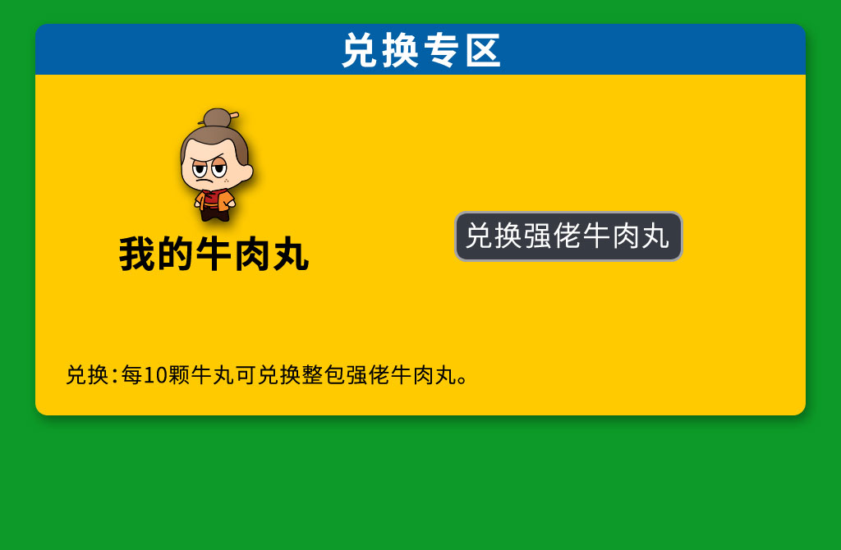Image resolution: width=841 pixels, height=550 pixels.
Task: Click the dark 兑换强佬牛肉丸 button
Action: pyautogui.click(x=568, y=236)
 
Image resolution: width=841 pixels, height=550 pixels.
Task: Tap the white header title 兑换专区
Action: pyautogui.click(x=421, y=50)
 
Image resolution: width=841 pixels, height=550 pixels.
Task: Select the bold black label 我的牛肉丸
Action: pyautogui.click(x=214, y=254)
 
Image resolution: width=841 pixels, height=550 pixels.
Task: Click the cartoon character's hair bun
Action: pyautogui.click(x=217, y=117)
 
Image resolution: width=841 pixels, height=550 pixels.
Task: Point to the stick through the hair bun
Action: pyautogui.click(x=234, y=114)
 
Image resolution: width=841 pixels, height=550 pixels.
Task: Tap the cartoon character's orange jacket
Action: pyautogui.click(x=214, y=200)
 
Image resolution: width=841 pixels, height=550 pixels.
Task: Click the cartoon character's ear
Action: pyautogui.click(x=246, y=172)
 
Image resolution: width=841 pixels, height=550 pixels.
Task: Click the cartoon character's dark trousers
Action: pyautogui.click(x=215, y=214)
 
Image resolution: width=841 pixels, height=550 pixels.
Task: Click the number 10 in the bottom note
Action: pyautogui.click(x=155, y=375)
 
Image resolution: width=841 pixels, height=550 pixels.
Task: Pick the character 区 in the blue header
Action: pyautogui.click(x=483, y=50)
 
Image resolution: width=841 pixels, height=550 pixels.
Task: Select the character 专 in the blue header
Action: pyautogui.click(x=441, y=50)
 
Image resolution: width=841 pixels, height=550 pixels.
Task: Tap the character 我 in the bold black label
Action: pyautogui.click(x=137, y=254)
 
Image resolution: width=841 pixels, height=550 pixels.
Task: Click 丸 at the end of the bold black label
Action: pyautogui.click(x=292, y=254)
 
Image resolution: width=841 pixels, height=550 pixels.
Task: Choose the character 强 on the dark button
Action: pyautogui.click(x=539, y=236)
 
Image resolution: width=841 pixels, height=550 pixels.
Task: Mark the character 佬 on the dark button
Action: pyautogui.click(x=568, y=236)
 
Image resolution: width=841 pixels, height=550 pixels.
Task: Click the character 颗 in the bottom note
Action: pyautogui.click(x=179, y=375)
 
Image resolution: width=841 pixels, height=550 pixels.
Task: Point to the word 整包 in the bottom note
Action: pyautogui.click(x=323, y=375)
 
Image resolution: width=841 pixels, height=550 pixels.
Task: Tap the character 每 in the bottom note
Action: pyautogui.click(x=132, y=375)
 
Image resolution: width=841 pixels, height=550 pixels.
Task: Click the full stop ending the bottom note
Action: pyautogui.click(x=462, y=381)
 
